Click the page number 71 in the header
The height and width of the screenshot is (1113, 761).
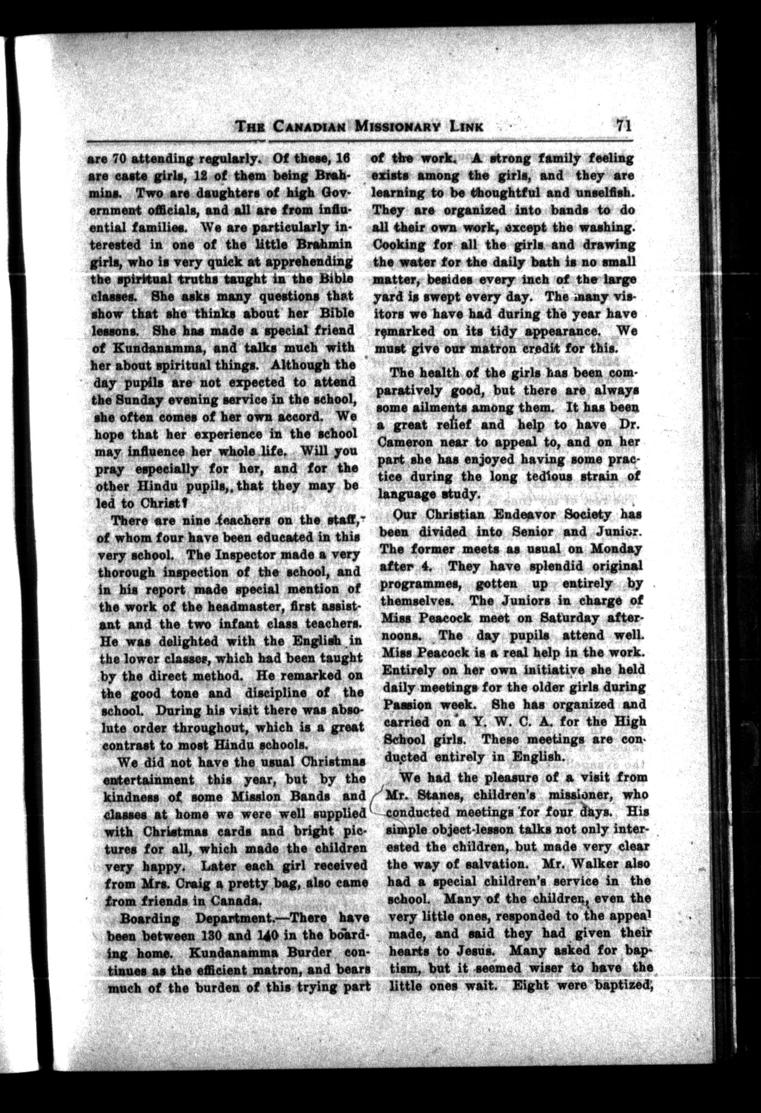622,126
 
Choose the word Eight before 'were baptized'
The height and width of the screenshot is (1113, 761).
530,985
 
